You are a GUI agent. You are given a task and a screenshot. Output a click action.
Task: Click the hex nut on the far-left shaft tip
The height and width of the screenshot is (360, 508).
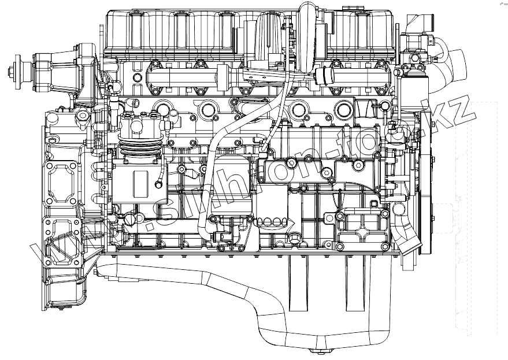(x=12, y=72)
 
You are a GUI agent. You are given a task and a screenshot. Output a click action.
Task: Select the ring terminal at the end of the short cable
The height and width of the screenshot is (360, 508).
(x=158, y=185)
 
